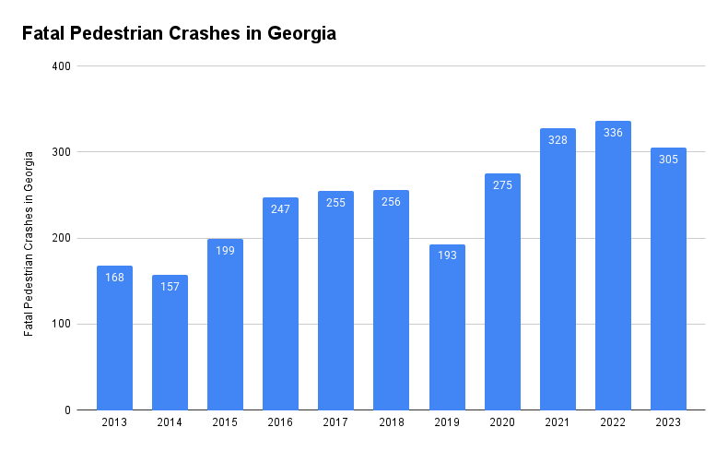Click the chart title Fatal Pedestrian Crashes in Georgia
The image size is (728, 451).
[x=179, y=34]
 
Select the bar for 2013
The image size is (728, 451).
[x=114, y=341]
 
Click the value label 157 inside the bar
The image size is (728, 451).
[x=170, y=287]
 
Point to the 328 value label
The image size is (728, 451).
[x=558, y=140]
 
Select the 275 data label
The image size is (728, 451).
[x=502, y=185]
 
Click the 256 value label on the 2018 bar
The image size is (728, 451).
[x=391, y=202]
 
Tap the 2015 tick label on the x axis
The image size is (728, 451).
[x=225, y=422]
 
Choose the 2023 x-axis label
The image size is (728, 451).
[x=668, y=422]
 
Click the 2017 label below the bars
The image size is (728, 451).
[x=335, y=422]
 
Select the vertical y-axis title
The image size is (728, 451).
[x=29, y=242]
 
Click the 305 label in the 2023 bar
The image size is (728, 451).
[x=668, y=160]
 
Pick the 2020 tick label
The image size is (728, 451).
[x=502, y=422]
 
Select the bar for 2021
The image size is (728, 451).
[x=558, y=277]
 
